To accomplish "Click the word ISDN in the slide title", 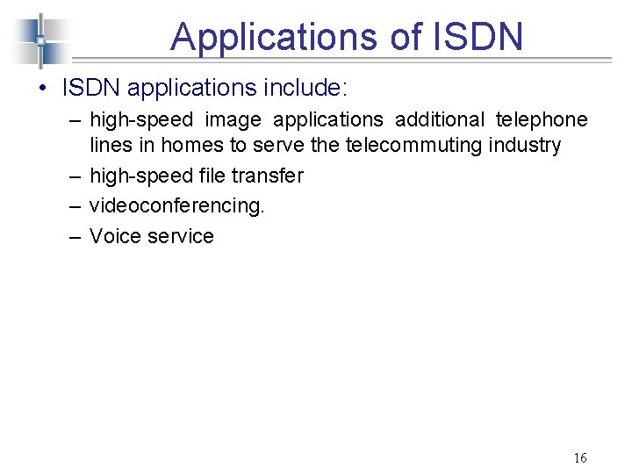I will (478, 37).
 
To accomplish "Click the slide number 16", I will (579, 457).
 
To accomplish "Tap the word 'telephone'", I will (542, 119).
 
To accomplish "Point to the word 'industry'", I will (526, 145).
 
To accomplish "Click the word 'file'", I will (210, 176).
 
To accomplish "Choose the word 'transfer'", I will (268, 176).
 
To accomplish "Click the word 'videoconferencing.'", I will (176, 205).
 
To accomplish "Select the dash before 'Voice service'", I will (72, 236).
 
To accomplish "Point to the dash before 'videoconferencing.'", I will (72, 205).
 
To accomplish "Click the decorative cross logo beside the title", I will (39, 40).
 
